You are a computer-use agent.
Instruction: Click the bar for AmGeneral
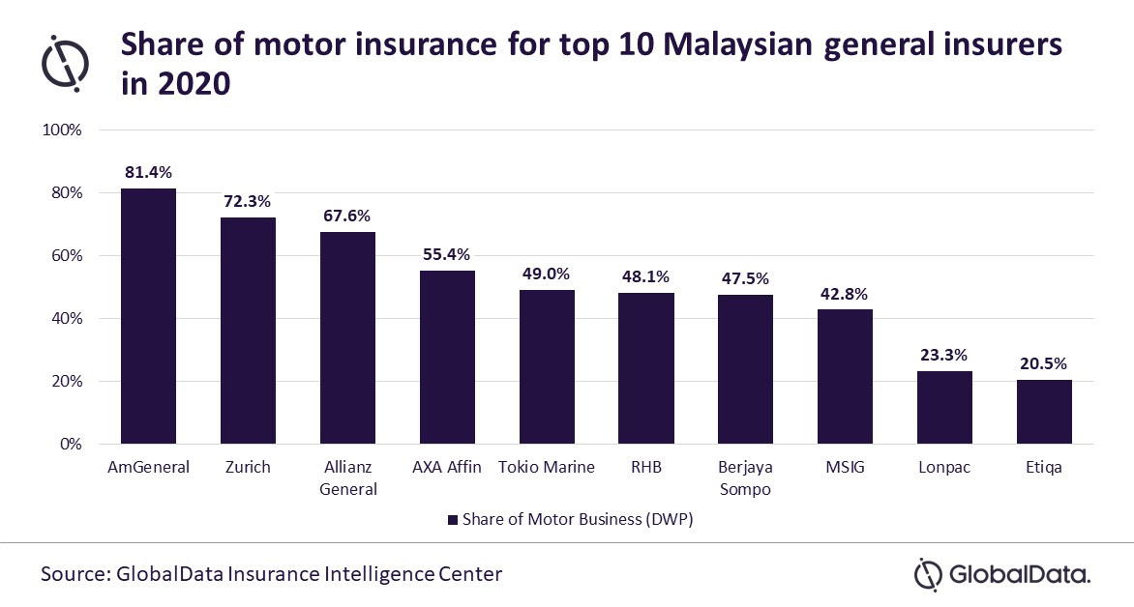(x=148, y=316)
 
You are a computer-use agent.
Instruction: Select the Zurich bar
(x=248, y=331)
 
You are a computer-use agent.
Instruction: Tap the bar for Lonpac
(x=944, y=408)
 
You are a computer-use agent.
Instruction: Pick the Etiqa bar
(x=1044, y=412)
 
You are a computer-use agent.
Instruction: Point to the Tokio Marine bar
(x=547, y=367)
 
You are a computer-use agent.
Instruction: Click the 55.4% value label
(x=446, y=255)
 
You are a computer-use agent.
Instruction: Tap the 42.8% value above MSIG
(x=845, y=295)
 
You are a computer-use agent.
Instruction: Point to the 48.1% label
(x=645, y=277)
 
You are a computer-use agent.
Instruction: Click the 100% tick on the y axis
(x=63, y=130)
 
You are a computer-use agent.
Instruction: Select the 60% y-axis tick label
(x=67, y=256)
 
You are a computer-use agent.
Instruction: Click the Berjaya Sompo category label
(x=745, y=477)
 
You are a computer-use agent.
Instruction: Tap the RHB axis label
(x=646, y=468)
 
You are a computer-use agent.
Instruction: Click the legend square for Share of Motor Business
(x=452, y=520)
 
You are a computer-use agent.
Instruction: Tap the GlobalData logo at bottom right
(x=1002, y=574)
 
